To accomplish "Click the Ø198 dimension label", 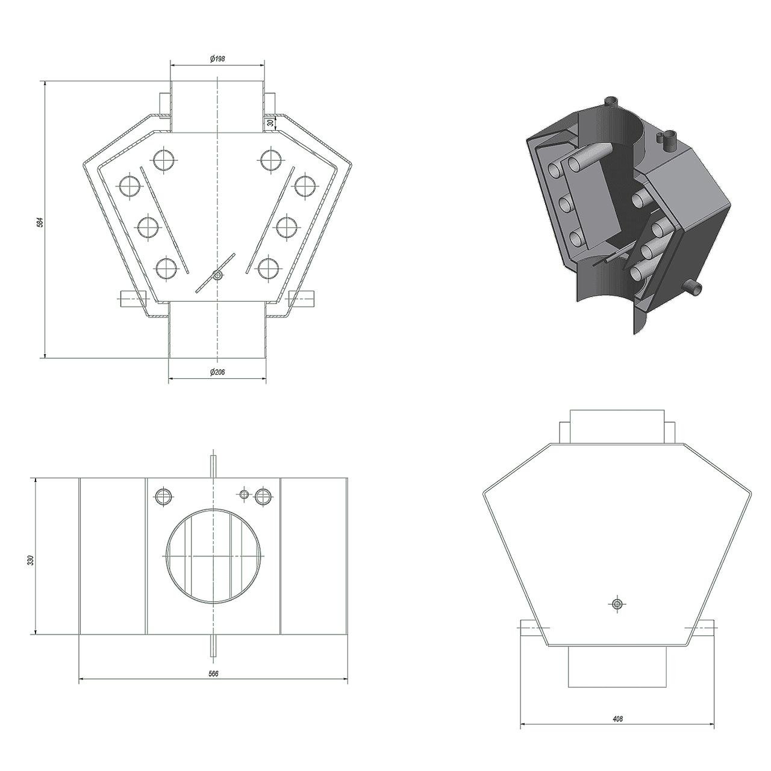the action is pyautogui.click(x=217, y=59).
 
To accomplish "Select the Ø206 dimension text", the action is pyautogui.click(x=217, y=372).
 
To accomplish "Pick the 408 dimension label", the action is pyautogui.click(x=617, y=696).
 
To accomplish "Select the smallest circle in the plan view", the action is pyautogui.click(x=244, y=494).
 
